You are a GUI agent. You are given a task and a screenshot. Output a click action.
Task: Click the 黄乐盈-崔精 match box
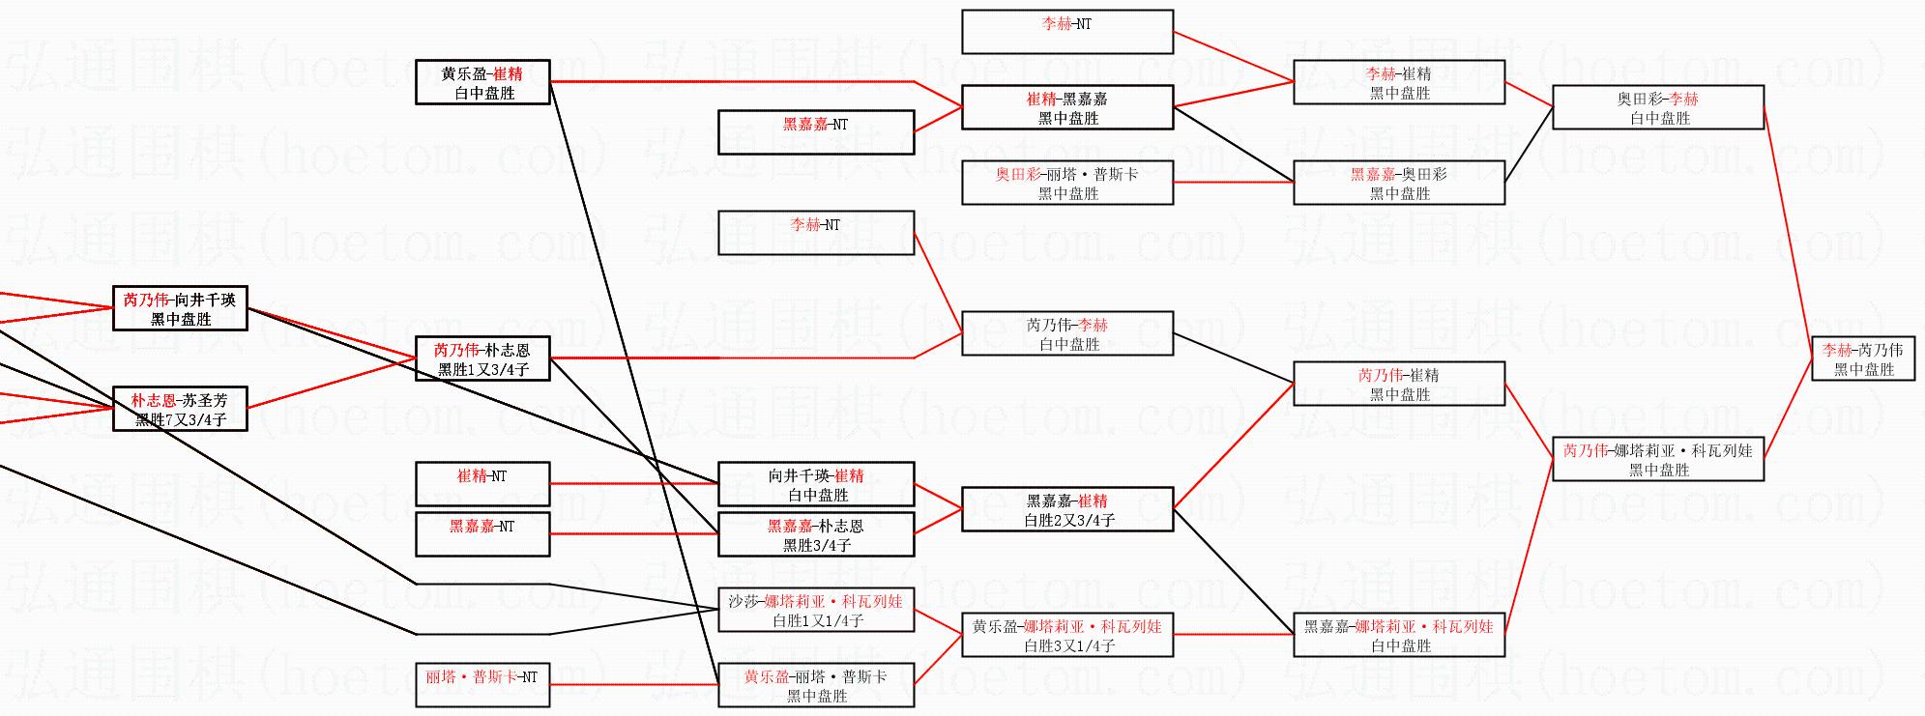(x=482, y=82)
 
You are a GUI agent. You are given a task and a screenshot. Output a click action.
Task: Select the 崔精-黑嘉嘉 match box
(x=1067, y=107)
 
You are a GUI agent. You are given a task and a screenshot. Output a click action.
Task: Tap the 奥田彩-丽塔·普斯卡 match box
(x=1067, y=183)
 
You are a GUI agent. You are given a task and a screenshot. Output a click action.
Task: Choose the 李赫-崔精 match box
(x=1399, y=82)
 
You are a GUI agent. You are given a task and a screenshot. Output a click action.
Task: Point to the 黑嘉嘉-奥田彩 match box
(x=1399, y=183)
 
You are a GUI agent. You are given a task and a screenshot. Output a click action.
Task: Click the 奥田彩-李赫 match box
(x=1658, y=107)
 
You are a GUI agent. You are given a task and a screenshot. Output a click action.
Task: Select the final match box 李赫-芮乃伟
(x=1863, y=358)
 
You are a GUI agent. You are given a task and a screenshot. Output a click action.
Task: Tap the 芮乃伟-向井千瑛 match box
(x=180, y=308)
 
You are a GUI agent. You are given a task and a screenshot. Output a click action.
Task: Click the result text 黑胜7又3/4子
(x=181, y=419)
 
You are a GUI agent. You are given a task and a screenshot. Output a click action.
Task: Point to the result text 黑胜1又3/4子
(x=483, y=369)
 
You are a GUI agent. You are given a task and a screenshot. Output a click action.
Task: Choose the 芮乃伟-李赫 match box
(x=1067, y=333)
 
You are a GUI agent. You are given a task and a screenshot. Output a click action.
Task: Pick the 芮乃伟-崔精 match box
(x=1399, y=384)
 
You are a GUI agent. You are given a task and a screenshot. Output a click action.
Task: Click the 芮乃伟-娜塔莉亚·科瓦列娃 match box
(x=1658, y=459)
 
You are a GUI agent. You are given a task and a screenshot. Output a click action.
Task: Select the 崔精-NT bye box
(x=482, y=484)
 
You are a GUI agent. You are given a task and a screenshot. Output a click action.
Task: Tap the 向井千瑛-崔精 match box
(x=816, y=484)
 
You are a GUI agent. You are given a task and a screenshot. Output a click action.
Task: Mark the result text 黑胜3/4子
(x=817, y=545)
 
